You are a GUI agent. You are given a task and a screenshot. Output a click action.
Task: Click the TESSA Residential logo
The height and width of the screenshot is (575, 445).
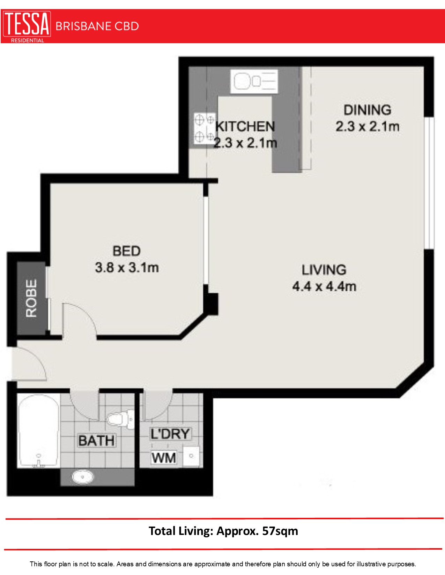27,26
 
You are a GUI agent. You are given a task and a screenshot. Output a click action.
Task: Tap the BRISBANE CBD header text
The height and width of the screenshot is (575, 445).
97,26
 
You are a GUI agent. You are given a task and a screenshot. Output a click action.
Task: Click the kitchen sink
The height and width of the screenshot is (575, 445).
254,81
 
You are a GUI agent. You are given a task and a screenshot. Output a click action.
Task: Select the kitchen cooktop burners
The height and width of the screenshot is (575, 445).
204,128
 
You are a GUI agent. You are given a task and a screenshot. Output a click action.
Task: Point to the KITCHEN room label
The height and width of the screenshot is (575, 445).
245,127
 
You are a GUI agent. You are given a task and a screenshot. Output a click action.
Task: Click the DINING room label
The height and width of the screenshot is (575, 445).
368,110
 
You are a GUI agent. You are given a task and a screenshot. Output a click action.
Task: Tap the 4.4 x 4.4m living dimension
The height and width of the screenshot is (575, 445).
324,286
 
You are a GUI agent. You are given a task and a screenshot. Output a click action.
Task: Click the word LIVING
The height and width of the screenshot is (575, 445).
324,270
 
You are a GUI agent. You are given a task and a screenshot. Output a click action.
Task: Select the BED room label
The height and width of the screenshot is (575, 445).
127,251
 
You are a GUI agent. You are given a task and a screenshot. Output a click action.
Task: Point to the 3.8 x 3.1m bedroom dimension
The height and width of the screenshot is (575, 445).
127,268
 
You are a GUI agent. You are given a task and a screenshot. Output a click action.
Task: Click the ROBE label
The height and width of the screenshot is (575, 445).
31,298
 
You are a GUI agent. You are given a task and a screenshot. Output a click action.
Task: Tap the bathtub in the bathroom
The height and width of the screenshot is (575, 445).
38,430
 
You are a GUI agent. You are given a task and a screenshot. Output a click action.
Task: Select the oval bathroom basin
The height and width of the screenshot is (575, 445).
83,476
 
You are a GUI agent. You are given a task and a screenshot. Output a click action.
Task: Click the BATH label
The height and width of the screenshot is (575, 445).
96,441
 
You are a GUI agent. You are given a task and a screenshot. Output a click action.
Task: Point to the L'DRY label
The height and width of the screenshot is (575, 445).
170,434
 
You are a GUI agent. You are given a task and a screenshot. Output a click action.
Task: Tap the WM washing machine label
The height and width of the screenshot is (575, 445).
163,458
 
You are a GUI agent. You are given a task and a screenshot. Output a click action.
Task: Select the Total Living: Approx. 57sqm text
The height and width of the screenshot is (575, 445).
223,531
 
